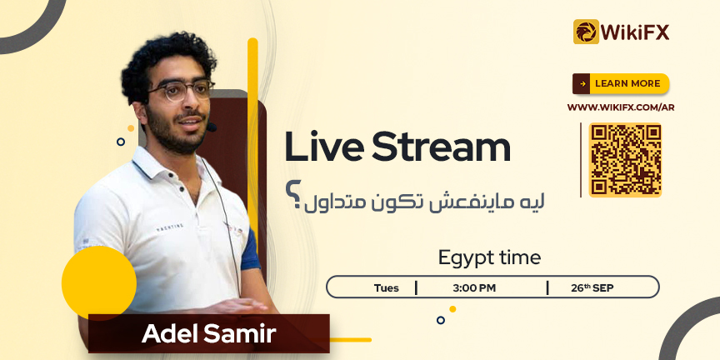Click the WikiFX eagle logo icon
coord(586,32)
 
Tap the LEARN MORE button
coord(620,83)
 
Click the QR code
coord(625,160)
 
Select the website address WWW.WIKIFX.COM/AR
coord(621,107)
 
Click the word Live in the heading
coord(324,147)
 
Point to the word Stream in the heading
coord(442,147)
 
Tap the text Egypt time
coord(489,258)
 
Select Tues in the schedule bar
coord(386,288)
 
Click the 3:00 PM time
coord(474,288)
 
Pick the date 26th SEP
coord(592,287)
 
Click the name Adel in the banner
coord(170,333)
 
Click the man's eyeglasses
coord(181,91)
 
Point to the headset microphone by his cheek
coord(211,127)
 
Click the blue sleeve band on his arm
coord(250,249)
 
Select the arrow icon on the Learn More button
coord(582,83)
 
